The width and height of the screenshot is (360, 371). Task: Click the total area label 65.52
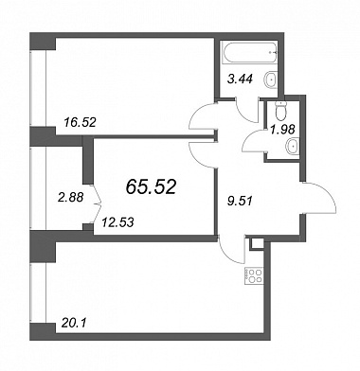[151, 187]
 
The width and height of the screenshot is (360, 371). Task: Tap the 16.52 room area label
[80, 122]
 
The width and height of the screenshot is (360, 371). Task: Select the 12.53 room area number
[117, 222]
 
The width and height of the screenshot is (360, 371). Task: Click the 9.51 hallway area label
[240, 201]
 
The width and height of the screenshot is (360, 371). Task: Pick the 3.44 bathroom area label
[241, 79]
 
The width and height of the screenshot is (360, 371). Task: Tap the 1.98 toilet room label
[283, 129]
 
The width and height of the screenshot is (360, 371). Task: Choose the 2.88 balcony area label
[70, 198]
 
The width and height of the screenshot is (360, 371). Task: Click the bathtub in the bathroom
[249, 53]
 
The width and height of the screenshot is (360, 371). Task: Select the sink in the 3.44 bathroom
[270, 79]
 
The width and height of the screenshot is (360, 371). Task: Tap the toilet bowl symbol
[280, 110]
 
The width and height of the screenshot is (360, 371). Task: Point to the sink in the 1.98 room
[293, 147]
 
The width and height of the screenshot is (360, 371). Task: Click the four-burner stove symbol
[253, 275]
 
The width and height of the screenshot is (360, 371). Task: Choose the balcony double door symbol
[98, 203]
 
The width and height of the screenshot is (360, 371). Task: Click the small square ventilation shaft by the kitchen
[257, 243]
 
